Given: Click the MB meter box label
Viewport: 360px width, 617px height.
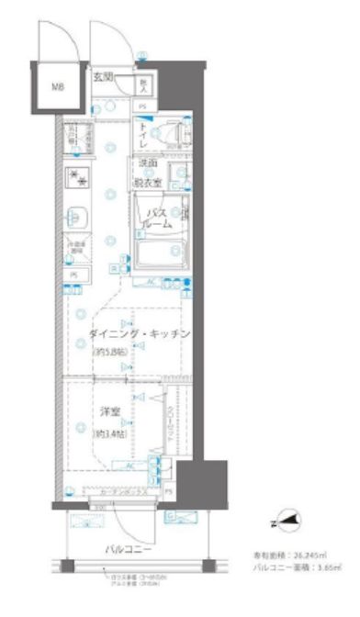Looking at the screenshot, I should (57, 87).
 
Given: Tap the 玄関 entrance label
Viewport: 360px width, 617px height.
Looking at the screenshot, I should (104, 77).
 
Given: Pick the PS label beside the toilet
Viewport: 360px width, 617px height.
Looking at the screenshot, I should (143, 107).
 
